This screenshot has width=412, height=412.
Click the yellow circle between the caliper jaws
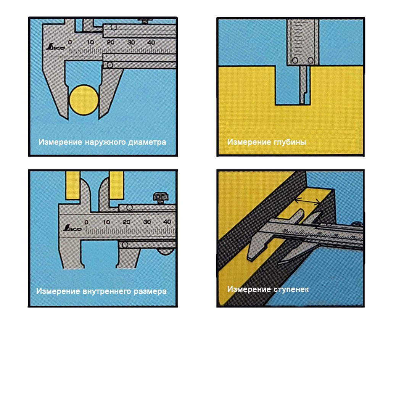(84, 100)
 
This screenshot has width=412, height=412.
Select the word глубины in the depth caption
(290, 142)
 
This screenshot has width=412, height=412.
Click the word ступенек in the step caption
(291, 290)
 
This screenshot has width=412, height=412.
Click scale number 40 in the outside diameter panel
(151, 42)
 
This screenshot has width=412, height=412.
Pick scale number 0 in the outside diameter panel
(70, 42)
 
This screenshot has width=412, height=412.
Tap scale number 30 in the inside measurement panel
(147, 222)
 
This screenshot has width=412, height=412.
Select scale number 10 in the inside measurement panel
(106, 222)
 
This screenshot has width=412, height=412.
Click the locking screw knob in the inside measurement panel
(161, 198)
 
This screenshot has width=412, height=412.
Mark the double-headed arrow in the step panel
(307, 201)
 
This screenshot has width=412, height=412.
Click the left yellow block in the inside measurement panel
(73, 185)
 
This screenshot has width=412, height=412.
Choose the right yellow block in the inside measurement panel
(116, 185)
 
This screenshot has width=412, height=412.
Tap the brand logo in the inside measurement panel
(72, 228)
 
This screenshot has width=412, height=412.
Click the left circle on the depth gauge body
(295, 60)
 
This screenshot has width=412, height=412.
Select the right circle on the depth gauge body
(311, 60)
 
